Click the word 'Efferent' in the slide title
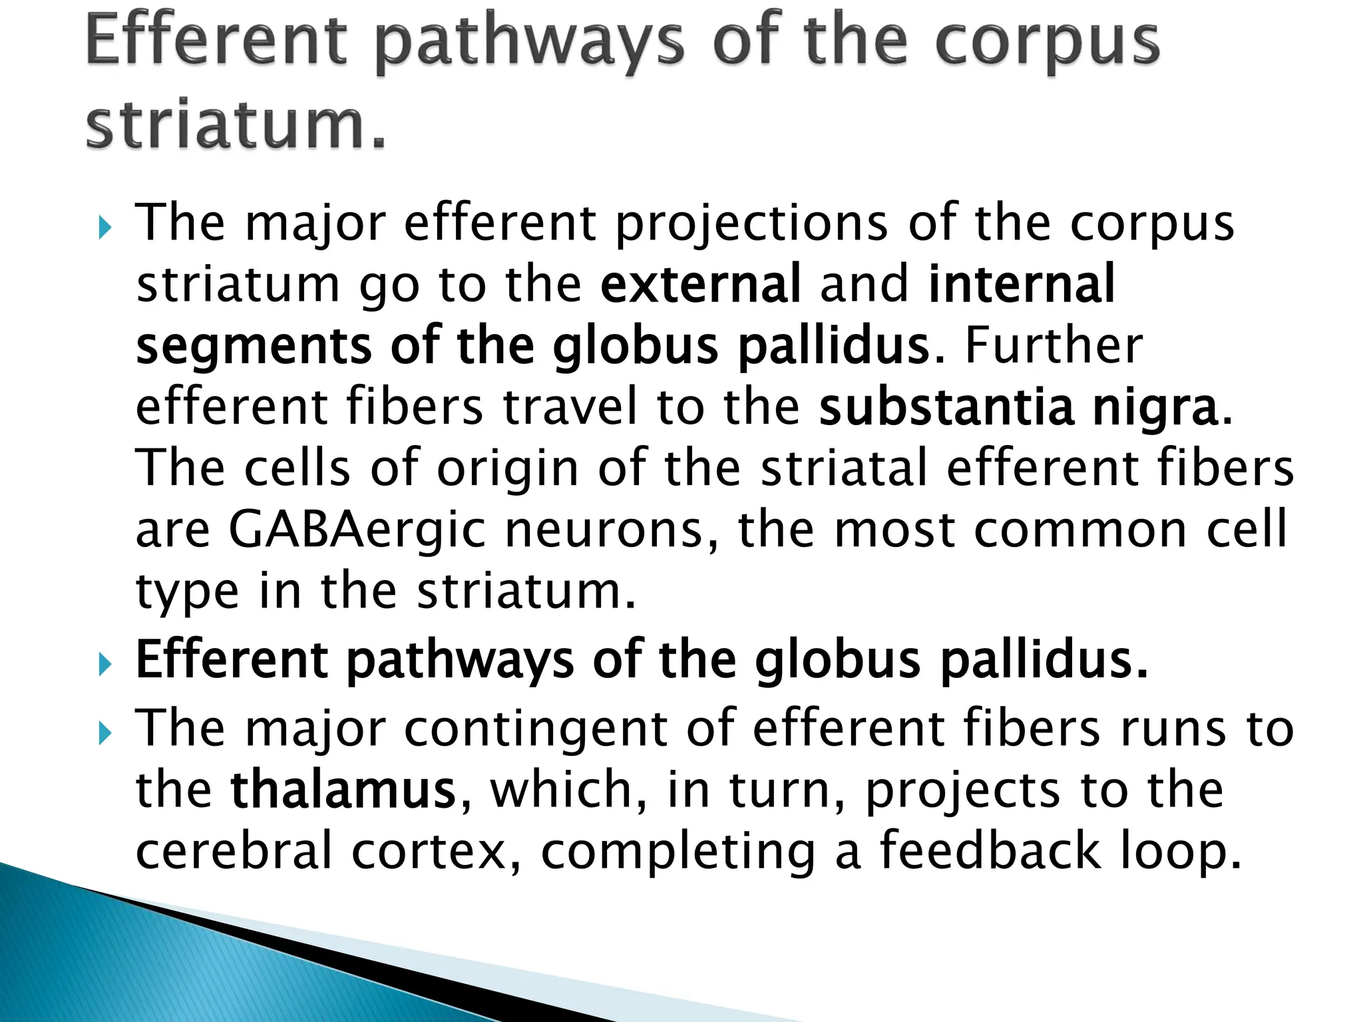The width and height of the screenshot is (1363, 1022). pyautogui.click(x=216, y=41)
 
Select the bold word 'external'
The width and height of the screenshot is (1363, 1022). pyautogui.click(x=700, y=284)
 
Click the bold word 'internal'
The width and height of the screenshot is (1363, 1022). pyautogui.click(x=1021, y=284)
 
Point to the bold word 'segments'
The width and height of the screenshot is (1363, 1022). pyautogui.click(x=254, y=347)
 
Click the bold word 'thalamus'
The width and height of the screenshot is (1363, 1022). pyautogui.click(x=343, y=790)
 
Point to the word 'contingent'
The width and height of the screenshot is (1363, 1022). pyautogui.click(x=536, y=729)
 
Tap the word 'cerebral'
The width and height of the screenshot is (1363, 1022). pyautogui.click(x=234, y=852)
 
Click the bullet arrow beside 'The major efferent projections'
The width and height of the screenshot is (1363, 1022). pyautogui.click(x=104, y=229)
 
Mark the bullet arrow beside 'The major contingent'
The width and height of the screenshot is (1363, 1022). pyautogui.click(x=104, y=734)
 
